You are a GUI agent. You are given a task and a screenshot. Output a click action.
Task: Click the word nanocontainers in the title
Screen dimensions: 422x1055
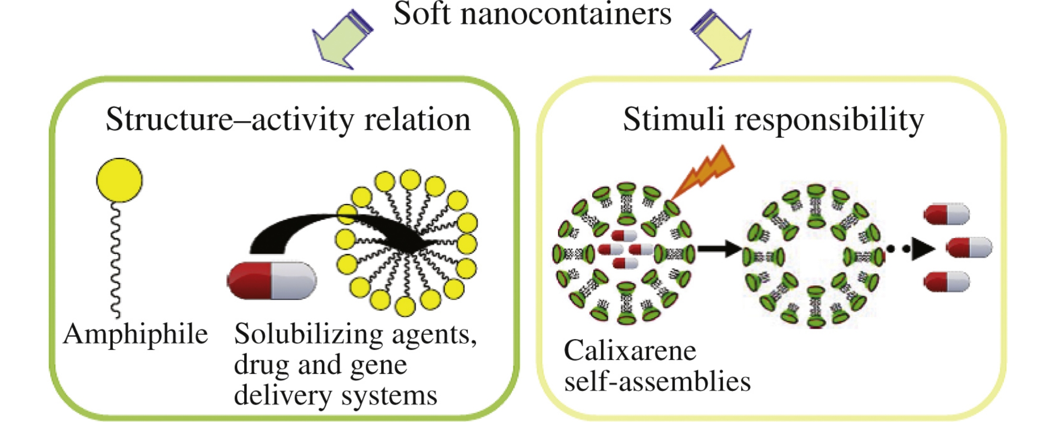pos(565,14)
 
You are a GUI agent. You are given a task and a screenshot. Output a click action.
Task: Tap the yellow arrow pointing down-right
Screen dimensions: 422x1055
pos(722,40)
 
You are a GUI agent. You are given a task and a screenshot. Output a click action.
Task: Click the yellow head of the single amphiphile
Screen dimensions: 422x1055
pos(119,180)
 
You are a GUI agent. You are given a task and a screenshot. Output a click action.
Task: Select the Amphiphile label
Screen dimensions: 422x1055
pos(135,334)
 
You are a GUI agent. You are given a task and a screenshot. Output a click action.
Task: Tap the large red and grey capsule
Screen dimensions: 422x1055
pos(272,281)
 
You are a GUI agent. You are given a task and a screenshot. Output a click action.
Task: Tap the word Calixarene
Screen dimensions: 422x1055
pos(630,351)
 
